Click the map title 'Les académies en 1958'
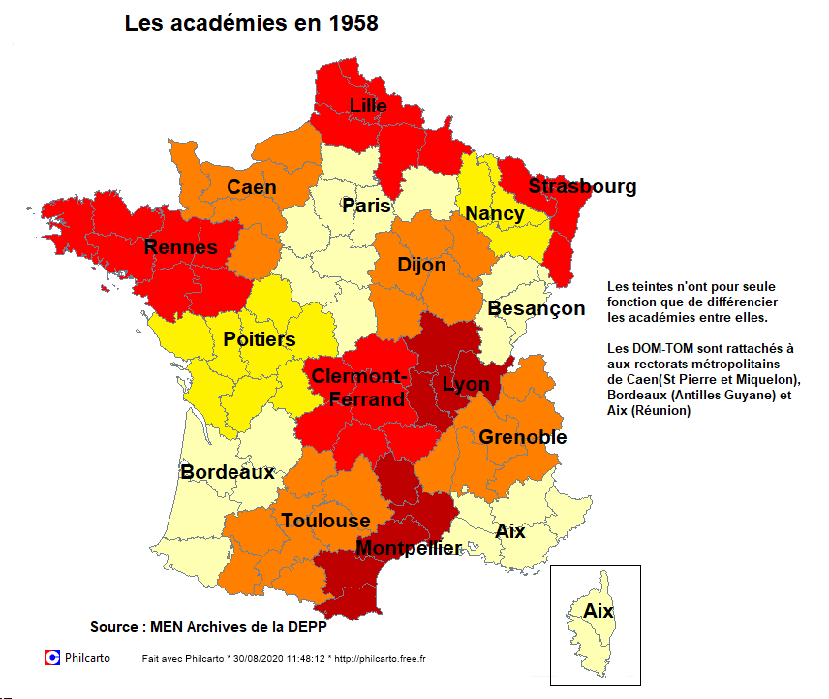[251, 24]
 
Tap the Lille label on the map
[368, 106]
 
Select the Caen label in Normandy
[252, 187]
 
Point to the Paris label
[366, 206]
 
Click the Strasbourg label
[582, 186]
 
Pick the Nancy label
[494, 213]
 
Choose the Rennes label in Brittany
[181, 247]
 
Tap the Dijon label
[421, 265]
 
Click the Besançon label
[536, 308]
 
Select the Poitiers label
[259, 340]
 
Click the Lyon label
[466, 383]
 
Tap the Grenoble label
[522, 437]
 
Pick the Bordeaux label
[228, 472]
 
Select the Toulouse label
[325, 521]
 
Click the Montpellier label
[409, 548]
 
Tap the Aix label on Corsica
[598, 611]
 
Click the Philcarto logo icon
[52, 657]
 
